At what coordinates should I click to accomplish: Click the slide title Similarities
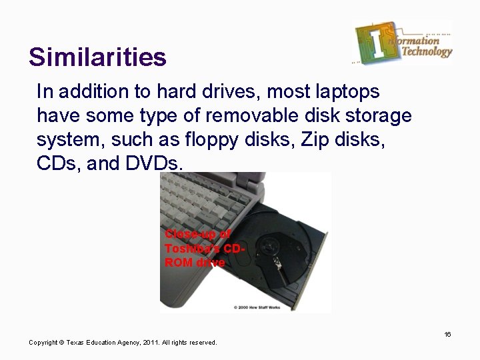(x=97, y=57)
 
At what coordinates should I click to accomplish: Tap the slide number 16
(x=448, y=334)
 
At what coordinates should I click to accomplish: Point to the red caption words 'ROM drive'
(x=195, y=262)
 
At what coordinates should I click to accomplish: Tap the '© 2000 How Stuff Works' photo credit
(x=257, y=307)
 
